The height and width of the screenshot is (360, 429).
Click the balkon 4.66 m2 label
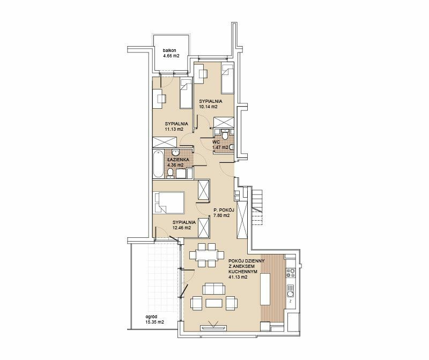(x=171, y=53)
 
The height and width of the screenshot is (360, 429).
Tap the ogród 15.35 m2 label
(x=154, y=319)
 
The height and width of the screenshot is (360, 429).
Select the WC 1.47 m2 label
(x=220, y=145)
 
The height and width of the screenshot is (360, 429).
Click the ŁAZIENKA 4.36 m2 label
(x=175, y=162)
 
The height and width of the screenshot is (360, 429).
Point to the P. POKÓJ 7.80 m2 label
(x=224, y=213)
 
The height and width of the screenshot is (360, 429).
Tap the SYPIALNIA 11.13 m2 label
(x=176, y=126)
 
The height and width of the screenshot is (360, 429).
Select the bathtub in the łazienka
(x=158, y=164)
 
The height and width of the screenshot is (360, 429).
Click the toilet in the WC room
(x=225, y=134)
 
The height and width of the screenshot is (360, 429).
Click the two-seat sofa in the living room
(x=213, y=289)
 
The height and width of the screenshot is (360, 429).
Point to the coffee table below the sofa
(x=214, y=303)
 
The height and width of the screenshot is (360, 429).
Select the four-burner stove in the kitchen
(x=291, y=273)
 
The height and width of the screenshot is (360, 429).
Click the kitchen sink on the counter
(x=291, y=291)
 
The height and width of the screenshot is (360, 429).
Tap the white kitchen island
(x=265, y=289)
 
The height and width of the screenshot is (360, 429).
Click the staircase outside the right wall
(x=257, y=207)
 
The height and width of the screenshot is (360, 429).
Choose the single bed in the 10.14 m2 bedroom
(x=227, y=78)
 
